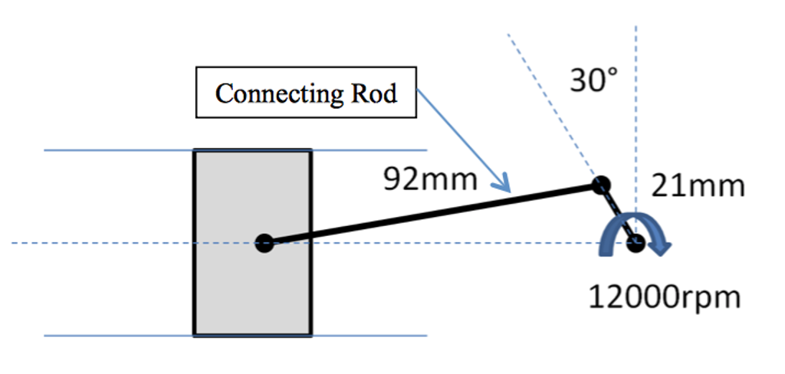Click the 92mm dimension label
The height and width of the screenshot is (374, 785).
click(430, 180)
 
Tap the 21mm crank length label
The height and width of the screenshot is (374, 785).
click(698, 187)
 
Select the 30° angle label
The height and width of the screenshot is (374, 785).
click(594, 80)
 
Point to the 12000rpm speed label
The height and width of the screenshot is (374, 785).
click(664, 298)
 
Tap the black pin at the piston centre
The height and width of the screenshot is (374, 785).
click(264, 243)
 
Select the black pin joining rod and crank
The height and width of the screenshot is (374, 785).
click(601, 185)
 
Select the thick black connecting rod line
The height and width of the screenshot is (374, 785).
click(433, 215)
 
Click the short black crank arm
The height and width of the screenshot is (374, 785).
click(619, 215)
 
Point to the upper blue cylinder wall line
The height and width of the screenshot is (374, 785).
click(235, 149)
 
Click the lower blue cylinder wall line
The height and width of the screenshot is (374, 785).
click(235, 336)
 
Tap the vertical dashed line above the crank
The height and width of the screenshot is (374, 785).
click(636, 130)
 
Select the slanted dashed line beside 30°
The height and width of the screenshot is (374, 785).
click(553, 107)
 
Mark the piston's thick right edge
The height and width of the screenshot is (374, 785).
click(311, 243)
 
